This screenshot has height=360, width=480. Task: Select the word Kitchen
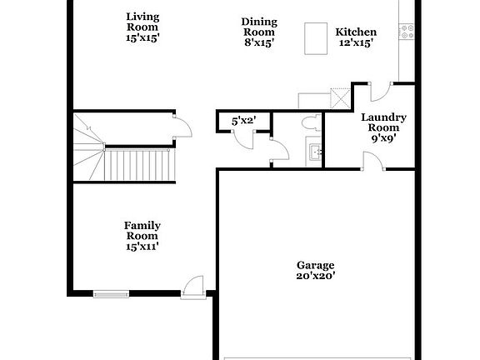click(356, 32)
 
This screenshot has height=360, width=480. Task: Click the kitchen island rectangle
click(313, 37)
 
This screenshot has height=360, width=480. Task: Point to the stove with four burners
click(407, 32)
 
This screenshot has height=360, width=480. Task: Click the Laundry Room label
click(383, 122)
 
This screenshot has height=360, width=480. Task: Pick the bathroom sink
click(316, 152)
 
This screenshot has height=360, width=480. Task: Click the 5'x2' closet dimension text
click(243, 121)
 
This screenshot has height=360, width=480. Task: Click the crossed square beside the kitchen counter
click(340, 99)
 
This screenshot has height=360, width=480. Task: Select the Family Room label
click(142, 236)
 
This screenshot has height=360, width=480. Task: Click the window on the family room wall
click(111, 292)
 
